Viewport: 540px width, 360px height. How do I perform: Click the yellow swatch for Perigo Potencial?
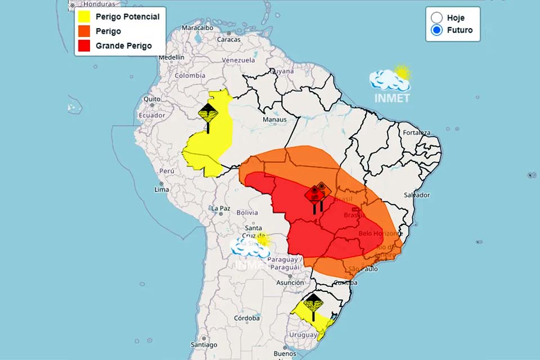[x=85, y=16]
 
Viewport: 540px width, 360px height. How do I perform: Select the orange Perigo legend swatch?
[x=85, y=31]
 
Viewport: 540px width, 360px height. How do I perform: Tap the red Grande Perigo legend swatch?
[x=85, y=46]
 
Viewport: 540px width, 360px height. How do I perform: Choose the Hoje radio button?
[x=437, y=17]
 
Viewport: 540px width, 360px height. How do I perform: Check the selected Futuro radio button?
[x=437, y=30]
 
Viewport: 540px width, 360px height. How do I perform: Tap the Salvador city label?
[x=417, y=195]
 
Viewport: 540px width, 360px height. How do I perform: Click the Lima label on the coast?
[x=161, y=190]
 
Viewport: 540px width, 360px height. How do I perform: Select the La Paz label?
[x=220, y=208]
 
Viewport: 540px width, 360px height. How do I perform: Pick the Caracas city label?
[x=229, y=39]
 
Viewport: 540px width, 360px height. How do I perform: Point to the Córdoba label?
[x=247, y=318]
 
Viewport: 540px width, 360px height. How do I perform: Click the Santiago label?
[x=204, y=345]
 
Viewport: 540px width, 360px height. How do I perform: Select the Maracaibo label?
[x=197, y=27]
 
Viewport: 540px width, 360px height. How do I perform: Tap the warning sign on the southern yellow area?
[x=313, y=304]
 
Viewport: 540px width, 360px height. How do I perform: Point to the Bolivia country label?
[x=247, y=213]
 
